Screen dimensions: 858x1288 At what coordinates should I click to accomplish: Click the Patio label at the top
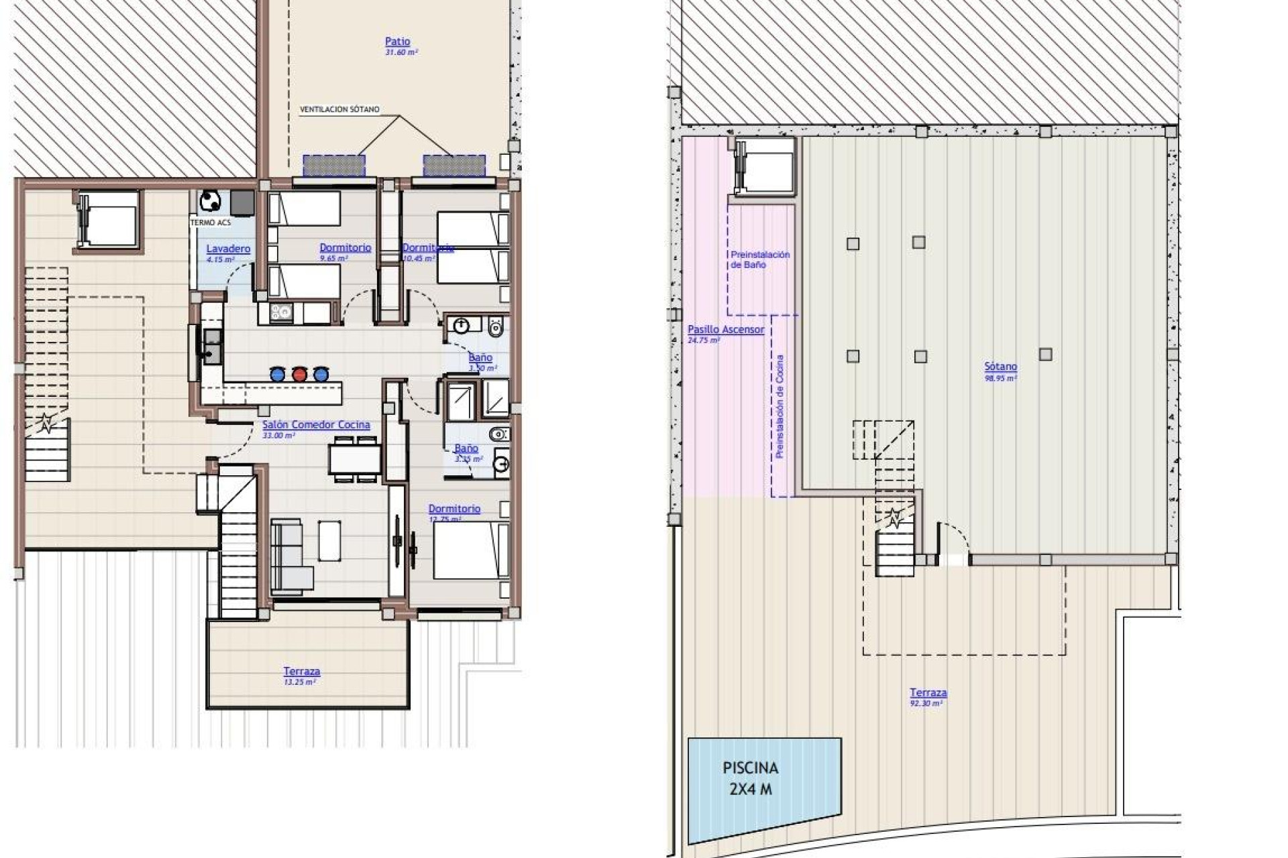[398, 42]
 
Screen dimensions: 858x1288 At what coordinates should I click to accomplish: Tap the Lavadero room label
[228, 249]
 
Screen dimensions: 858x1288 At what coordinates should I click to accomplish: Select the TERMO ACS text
[211, 223]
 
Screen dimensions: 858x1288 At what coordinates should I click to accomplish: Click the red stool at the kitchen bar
[299, 374]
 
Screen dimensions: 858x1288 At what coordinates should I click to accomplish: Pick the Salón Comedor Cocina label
[316, 425]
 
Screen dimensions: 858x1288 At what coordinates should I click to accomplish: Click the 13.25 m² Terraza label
[301, 672]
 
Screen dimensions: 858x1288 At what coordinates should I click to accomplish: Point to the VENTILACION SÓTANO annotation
[339, 109]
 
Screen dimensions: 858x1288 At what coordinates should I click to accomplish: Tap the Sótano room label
[1000, 367]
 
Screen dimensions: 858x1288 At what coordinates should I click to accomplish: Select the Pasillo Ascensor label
[725, 330]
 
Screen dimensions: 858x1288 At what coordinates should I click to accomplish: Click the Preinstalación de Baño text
[759, 259]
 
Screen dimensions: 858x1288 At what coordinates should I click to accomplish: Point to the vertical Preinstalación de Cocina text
[780, 406]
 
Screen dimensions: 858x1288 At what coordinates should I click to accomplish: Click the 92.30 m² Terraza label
[928, 693]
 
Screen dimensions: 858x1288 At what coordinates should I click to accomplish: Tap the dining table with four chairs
[355, 459]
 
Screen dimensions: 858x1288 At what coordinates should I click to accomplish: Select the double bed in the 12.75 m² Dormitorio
[470, 550]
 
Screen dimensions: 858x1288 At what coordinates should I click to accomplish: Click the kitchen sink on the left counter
[212, 345]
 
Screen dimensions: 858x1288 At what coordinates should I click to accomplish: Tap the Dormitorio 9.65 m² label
[345, 248]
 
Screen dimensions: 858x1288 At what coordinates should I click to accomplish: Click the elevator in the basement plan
[765, 166]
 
